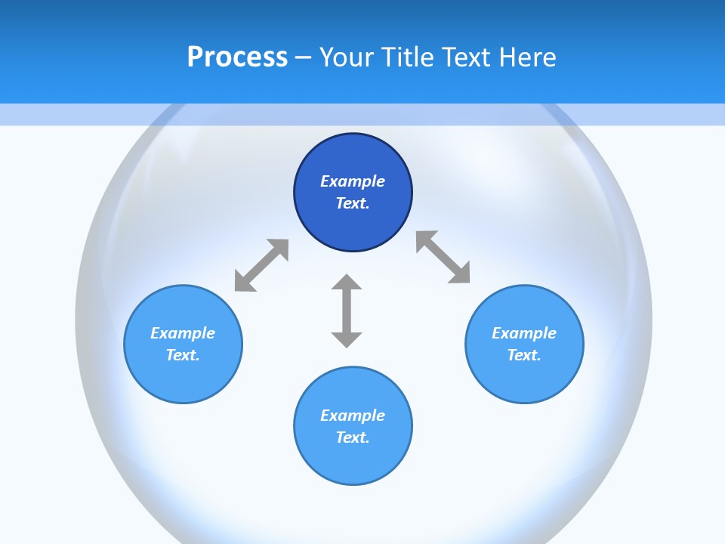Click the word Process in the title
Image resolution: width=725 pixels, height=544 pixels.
click(x=237, y=57)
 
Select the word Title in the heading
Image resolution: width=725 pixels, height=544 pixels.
click(x=408, y=57)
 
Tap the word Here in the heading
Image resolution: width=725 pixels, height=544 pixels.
click(x=527, y=57)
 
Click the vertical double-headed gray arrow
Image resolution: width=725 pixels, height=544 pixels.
click(x=347, y=311)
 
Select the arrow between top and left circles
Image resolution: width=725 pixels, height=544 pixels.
click(x=261, y=265)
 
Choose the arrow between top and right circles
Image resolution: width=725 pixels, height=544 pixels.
click(x=443, y=258)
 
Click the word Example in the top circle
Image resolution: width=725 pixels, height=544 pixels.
click(x=353, y=181)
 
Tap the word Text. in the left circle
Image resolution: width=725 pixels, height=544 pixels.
click(x=183, y=355)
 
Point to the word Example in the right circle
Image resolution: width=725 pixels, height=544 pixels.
click(x=524, y=333)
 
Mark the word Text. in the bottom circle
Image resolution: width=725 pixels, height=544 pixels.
click(x=353, y=437)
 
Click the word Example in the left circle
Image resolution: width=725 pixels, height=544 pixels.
click(x=183, y=333)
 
